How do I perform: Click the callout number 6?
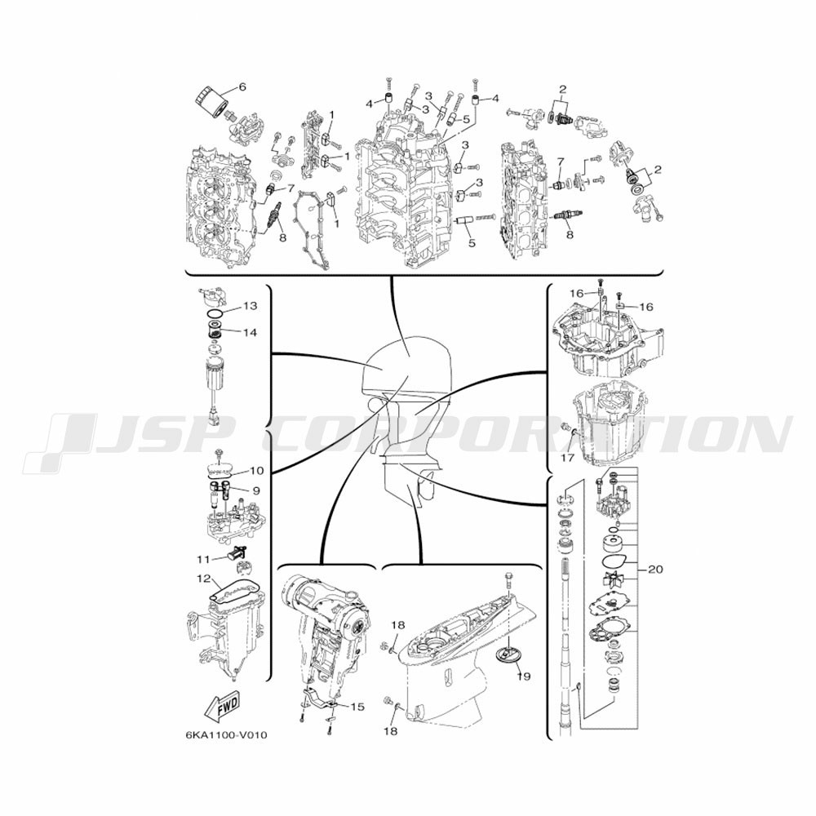pyautogui.click(x=242, y=87)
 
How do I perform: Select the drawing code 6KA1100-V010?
pyautogui.click(x=226, y=735)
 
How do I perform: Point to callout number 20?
pyautogui.click(x=656, y=570)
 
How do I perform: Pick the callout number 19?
pyautogui.click(x=524, y=676)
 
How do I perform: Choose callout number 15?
pyautogui.click(x=357, y=707)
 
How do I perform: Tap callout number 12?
pyautogui.click(x=204, y=579)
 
